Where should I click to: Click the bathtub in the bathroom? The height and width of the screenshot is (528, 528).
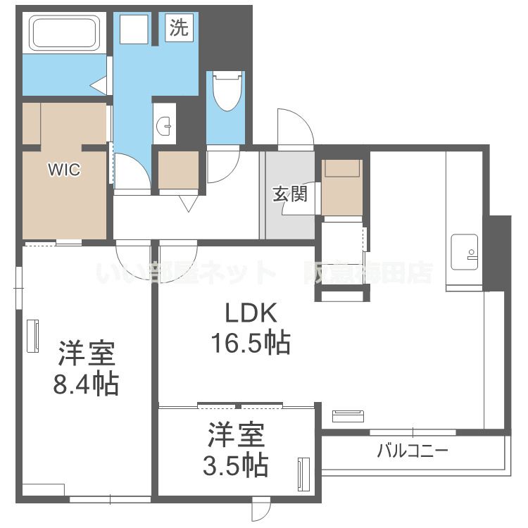[63, 33]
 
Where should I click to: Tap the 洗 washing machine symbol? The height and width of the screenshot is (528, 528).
[179, 27]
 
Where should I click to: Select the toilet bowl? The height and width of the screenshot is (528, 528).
[227, 92]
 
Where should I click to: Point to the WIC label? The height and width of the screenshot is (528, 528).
[64, 170]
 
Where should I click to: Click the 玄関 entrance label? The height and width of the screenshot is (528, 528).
[289, 194]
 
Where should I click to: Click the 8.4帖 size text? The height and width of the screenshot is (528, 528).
[86, 384]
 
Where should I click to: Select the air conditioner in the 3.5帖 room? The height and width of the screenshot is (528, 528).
[304, 474]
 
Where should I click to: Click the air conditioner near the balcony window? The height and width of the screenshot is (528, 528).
[348, 416]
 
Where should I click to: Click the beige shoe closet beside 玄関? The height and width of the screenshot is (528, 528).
[341, 187]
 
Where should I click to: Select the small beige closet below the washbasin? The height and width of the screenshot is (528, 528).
[178, 170]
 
